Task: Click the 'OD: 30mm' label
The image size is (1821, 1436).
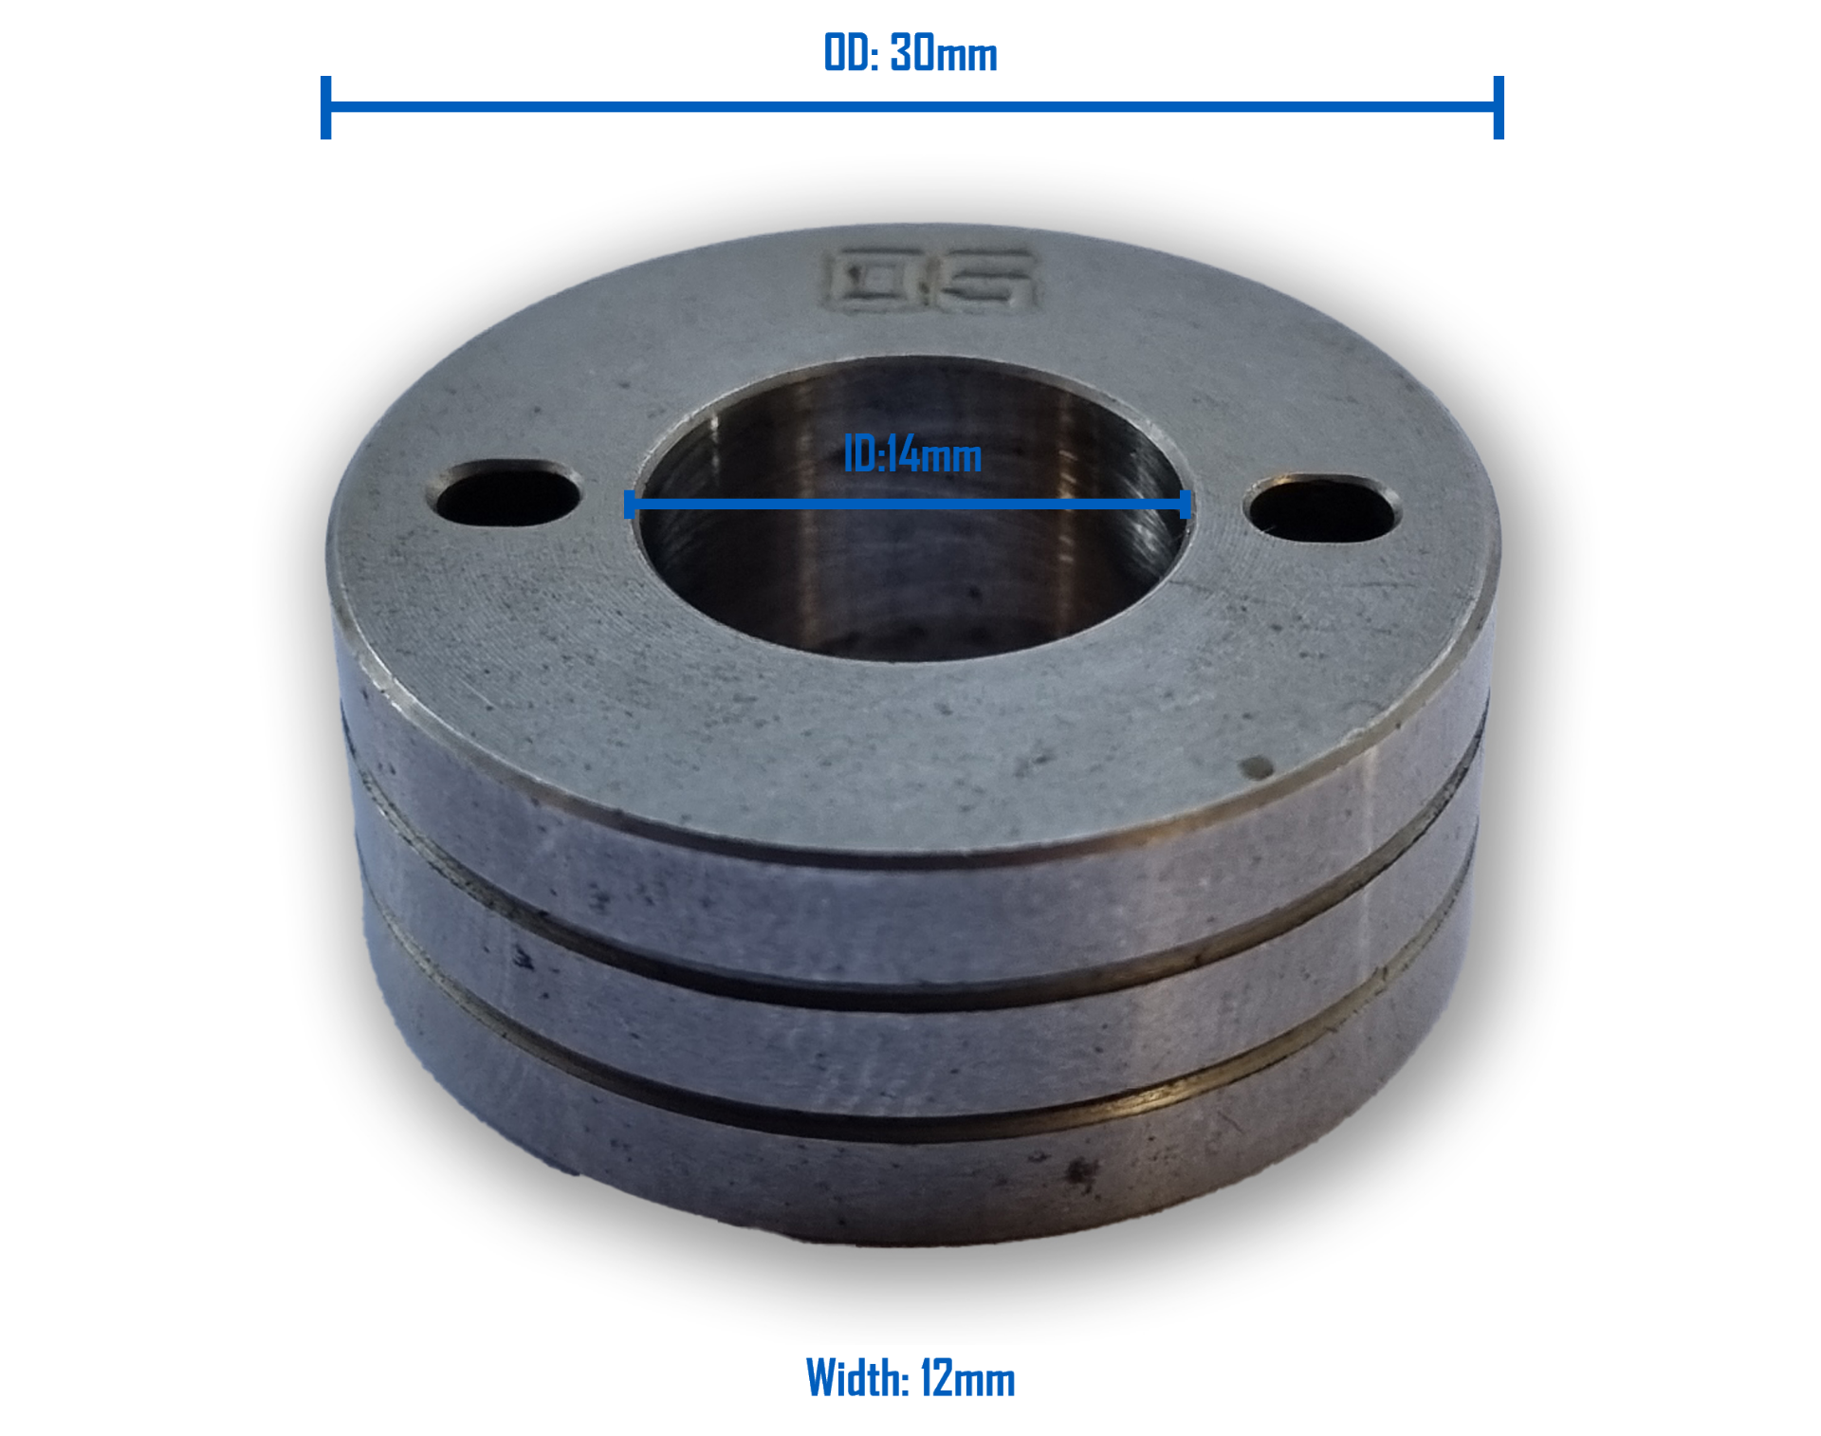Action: pyautogui.click(x=910, y=53)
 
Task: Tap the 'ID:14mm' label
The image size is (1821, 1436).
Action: pyautogui.click(x=912, y=455)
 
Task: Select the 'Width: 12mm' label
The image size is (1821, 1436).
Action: pyautogui.click(x=910, y=1377)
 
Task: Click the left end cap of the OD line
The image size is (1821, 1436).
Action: pyautogui.click(x=326, y=107)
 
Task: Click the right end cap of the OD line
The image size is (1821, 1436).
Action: pyautogui.click(x=1499, y=107)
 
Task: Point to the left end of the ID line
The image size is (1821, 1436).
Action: pyautogui.click(x=630, y=504)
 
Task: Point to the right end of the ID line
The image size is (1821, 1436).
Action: pyautogui.click(x=1185, y=504)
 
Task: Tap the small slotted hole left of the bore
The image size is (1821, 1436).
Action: pyautogui.click(x=507, y=493)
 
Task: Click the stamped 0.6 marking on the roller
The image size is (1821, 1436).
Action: pyautogui.click(x=929, y=281)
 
